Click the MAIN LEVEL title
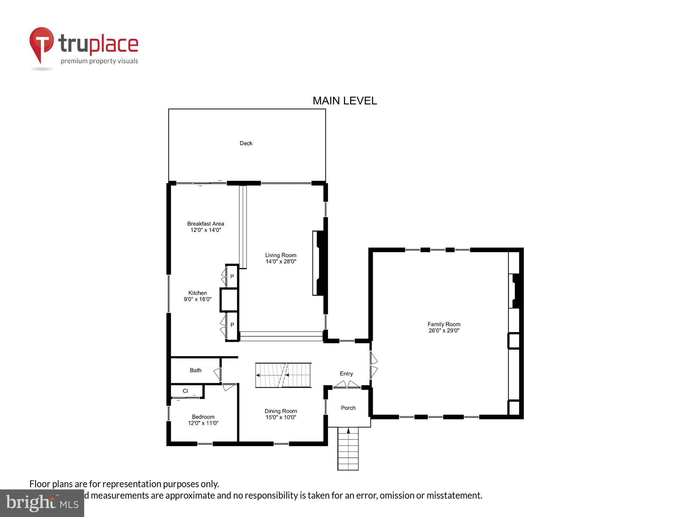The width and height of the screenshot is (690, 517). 344,101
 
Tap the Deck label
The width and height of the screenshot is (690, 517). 246,143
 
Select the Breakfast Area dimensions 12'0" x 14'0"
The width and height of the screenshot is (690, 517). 206,230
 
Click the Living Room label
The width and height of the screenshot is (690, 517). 280,255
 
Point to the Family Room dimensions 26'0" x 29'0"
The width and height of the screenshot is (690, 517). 444,330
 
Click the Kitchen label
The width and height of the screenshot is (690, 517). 197,293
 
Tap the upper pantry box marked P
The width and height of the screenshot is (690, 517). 232,276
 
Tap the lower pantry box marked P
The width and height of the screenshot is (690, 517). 232,325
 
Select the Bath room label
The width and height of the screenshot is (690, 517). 196,370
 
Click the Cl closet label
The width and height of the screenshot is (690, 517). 186,391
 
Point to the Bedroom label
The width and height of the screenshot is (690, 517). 203,417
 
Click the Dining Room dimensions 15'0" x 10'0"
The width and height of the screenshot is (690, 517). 280,417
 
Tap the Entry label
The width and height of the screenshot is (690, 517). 346,374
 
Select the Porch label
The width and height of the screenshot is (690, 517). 348,408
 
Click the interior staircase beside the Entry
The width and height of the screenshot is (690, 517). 283,375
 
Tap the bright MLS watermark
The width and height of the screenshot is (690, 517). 42,503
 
